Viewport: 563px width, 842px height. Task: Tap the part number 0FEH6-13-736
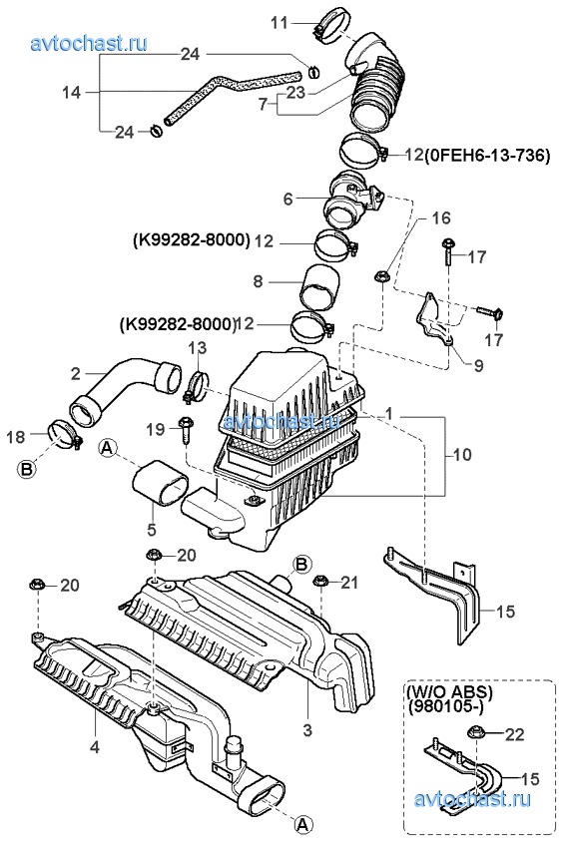pos(487,156)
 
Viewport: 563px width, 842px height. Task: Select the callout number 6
pos(287,200)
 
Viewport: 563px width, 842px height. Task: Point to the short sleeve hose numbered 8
pos(319,288)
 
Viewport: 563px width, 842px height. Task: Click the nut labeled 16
pos(381,277)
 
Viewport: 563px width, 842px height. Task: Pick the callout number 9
pos(478,366)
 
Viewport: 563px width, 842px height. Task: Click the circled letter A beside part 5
pos(108,447)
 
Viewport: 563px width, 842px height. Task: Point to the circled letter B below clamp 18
pos(26,470)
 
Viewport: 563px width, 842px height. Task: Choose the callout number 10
pos(462,455)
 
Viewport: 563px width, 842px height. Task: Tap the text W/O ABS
pos(449,692)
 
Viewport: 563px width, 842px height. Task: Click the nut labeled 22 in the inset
pos(476,731)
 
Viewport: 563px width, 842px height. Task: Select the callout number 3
pos(307,730)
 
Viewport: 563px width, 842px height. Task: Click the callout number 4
pos(95,747)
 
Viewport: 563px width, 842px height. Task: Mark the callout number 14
pos(72,93)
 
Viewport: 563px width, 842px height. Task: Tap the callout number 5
pos(152,530)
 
